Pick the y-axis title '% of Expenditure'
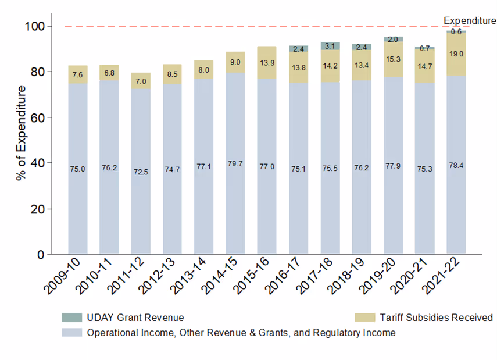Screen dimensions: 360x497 click(21, 133)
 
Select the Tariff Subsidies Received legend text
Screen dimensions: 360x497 click(436, 318)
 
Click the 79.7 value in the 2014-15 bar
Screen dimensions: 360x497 click(235, 165)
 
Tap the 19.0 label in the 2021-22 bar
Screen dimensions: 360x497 click(456, 54)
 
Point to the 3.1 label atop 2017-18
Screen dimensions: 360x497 click(330, 46)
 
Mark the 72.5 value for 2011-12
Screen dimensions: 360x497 click(141, 172)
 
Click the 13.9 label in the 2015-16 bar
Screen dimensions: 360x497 click(267, 62)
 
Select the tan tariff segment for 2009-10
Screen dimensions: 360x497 click(77, 74)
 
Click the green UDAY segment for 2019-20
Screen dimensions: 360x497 click(393, 39)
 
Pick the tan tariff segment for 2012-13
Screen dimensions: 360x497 click(172, 74)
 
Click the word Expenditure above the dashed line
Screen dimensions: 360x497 click(469, 21)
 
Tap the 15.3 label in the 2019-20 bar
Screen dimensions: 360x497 click(393, 59)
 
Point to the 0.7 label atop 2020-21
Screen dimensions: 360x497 click(424, 48)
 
